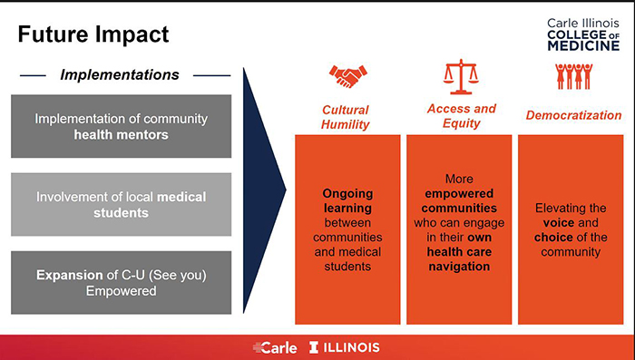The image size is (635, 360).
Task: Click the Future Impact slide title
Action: [94, 35]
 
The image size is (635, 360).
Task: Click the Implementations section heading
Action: [120, 74]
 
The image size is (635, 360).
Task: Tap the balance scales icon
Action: [461, 76]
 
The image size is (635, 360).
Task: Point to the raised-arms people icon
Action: [573, 77]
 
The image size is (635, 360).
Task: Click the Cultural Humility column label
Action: [346, 117]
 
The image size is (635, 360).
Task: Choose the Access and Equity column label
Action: [461, 115]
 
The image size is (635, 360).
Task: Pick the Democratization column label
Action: [574, 115]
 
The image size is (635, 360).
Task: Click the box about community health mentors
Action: [121, 126]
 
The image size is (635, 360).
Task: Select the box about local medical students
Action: [121, 204]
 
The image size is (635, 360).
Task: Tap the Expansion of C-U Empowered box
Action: [121, 282]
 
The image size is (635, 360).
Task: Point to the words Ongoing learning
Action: [346, 201]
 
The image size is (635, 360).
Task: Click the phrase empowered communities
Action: [461, 201]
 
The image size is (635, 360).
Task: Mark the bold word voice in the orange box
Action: [558, 223]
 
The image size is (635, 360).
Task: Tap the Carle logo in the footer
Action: [273, 347]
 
